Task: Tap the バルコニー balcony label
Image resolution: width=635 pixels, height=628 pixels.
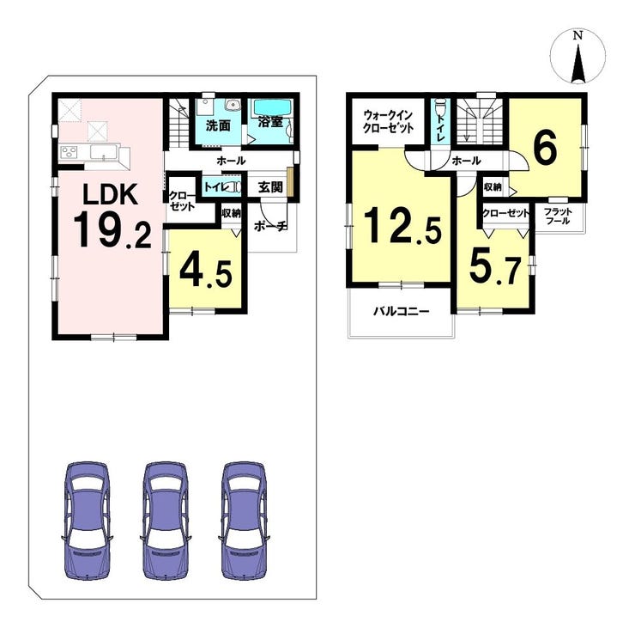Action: (401, 312)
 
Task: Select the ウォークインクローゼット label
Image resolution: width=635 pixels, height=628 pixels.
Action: (388, 122)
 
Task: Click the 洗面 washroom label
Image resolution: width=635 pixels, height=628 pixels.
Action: (218, 126)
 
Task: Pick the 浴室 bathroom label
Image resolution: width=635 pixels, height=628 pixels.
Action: (269, 122)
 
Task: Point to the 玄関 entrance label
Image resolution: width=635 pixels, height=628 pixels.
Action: (270, 187)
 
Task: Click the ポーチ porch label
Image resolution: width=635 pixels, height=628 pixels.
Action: (270, 226)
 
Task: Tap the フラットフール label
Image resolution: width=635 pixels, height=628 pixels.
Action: (558, 216)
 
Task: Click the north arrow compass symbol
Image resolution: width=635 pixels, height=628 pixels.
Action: (578, 57)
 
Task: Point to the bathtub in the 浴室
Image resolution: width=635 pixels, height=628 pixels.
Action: (270, 108)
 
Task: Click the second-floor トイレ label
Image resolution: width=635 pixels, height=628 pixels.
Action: (440, 127)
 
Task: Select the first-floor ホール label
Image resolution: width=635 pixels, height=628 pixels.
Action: (231, 161)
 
